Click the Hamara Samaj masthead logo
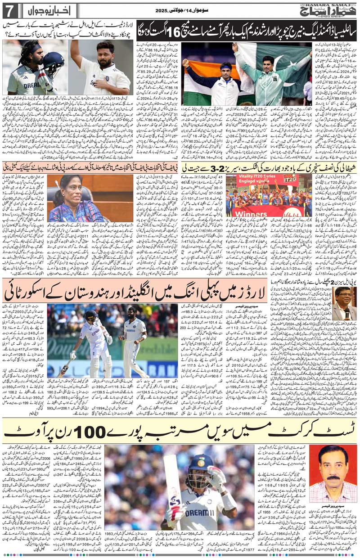(331, 9)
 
